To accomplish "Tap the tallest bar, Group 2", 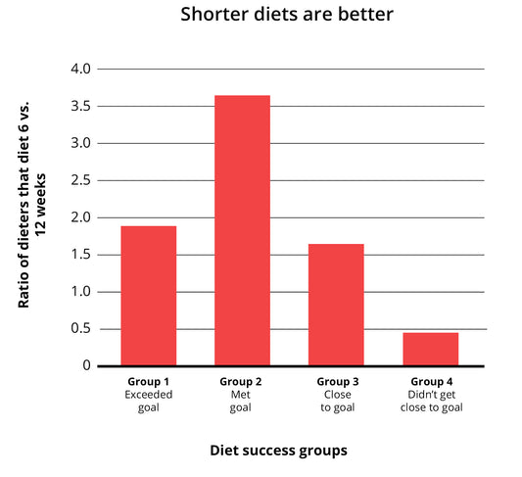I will click(x=242, y=230).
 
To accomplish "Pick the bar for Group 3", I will click(x=336, y=305).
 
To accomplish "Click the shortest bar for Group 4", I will click(x=430, y=349).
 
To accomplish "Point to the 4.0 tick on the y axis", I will click(x=80, y=70).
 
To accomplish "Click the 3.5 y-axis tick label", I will click(x=80, y=106).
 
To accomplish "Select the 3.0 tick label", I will click(x=80, y=143).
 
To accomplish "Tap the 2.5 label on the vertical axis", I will click(x=80, y=180).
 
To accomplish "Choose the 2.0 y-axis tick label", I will click(x=80, y=217).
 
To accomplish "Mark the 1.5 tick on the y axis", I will click(x=80, y=255).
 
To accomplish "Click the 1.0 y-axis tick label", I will click(x=80, y=292).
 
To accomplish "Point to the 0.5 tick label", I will click(x=80, y=329).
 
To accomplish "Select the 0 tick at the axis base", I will click(x=87, y=365).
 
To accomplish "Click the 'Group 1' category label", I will click(x=148, y=381).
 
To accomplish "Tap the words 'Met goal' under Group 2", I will click(x=241, y=401).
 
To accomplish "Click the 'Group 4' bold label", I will click(x=430, y=381).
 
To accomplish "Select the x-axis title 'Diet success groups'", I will click(x=278, y=451).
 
